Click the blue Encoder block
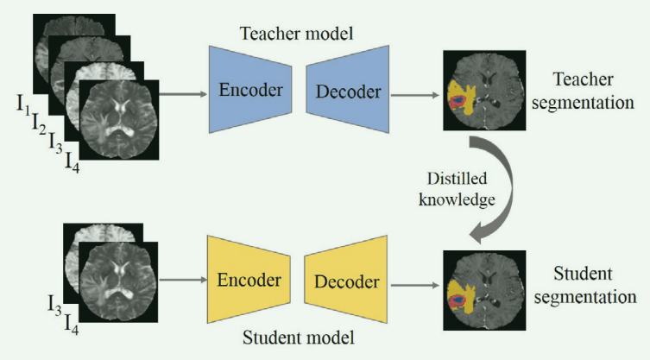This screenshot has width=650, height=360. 251,90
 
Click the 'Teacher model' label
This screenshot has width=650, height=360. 299,34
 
